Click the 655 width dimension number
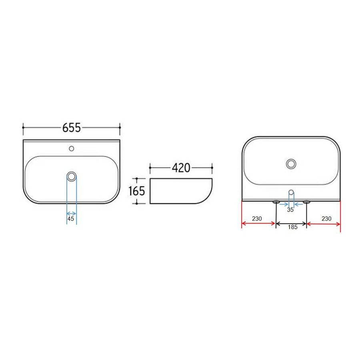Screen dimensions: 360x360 (72, 128)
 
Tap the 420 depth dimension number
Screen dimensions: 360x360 (181, 168)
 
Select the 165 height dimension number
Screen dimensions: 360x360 (137, 191)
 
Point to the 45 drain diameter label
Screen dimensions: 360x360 (71, 219)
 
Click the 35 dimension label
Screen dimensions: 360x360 (291, 209)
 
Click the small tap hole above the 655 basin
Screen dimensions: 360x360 (72, 148)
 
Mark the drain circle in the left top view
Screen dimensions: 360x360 (72, 176)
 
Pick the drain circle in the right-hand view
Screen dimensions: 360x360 (291, 163)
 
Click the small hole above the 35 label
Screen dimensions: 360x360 (291, 192)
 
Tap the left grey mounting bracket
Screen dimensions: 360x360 (276, 202)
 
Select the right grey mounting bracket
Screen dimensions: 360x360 (307, 202)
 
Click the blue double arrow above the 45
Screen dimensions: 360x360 (71, 213)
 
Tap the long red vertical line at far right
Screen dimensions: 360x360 (340, 216)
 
